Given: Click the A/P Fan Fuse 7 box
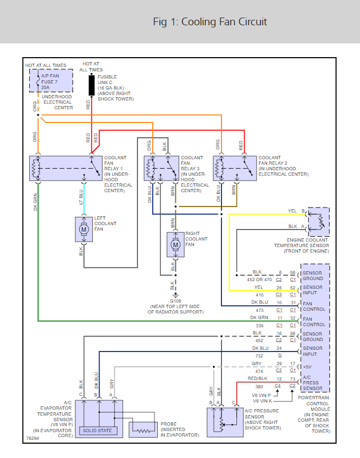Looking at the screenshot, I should point(50,81).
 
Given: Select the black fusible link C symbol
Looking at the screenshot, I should point(91,86).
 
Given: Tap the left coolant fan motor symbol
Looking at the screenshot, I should point(84,228).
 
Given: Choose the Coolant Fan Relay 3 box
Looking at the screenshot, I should point(161,167).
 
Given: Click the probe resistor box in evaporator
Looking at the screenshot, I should point(144,429).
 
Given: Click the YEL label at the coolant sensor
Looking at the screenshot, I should point(292,211).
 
